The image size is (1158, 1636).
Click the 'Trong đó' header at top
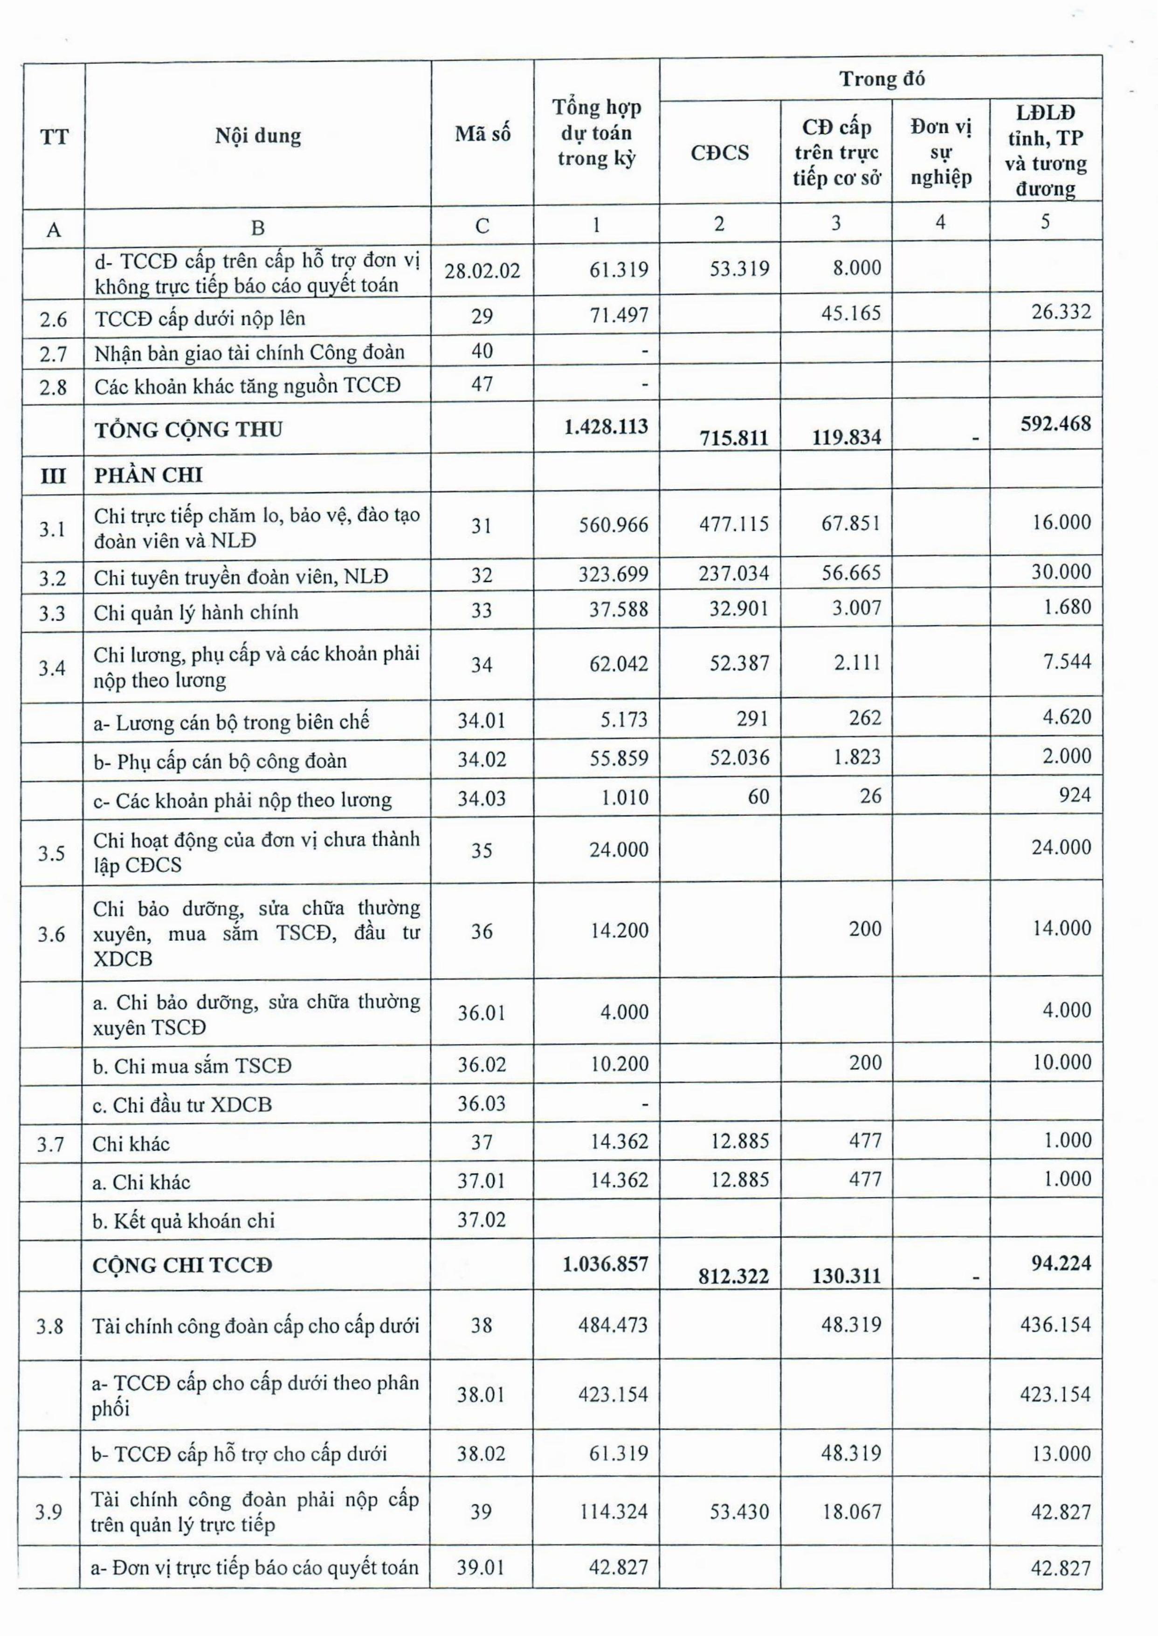click(x=882, y=78)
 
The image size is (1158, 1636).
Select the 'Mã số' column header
click(x=483, y=134)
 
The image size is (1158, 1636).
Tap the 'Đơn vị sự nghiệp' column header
click(x=940, y=152)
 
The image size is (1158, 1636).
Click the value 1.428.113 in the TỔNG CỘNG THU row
click(x=606, y=427)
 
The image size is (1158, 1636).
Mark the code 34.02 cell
click(x=482, y=759)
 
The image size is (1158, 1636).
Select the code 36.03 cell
click(x=482, y=1104)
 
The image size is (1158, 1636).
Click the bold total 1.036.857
click(x=606, y=1264)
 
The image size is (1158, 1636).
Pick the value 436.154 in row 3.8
click(x=1055, y=1325)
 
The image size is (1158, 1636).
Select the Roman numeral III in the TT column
click(x=53, y=476)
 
